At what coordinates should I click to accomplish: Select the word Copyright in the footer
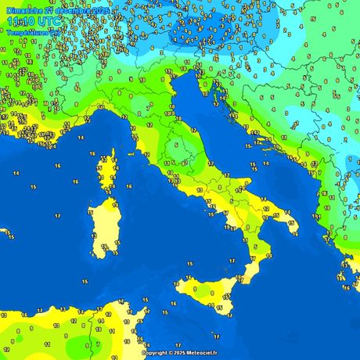tap(155, 353)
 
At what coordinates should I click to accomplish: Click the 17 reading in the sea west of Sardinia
tap(58, 215)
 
